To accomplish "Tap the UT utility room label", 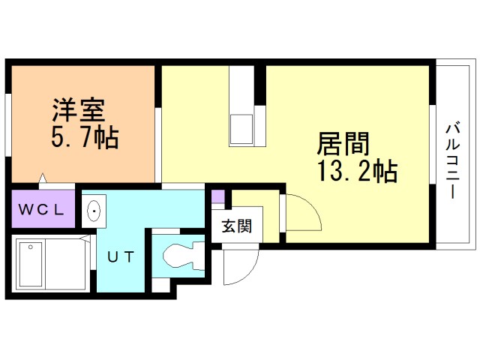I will click(121, 256).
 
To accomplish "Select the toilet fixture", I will click(180, 255).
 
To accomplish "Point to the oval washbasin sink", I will click(94, 211).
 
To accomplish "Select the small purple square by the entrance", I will click(217, 197).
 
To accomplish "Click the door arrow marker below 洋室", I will click(44, 178).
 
